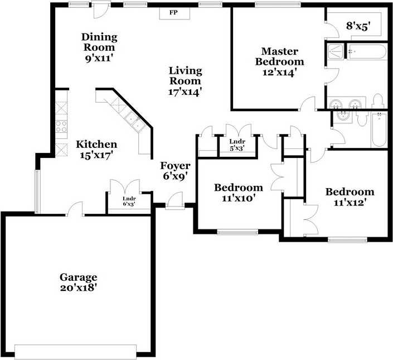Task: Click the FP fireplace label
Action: click(173, 12)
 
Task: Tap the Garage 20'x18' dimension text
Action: click(79, 288)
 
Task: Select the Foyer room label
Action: click(175, 166)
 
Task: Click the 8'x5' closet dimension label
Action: click(358, 26)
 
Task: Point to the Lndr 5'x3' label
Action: click(237, 145)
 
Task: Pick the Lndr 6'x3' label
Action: click(129, 201)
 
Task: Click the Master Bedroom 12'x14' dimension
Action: click(280, 72)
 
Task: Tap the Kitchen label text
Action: click(96, 145)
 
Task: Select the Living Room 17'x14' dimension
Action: click(185, 92)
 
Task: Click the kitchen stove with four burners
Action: click(61, 126)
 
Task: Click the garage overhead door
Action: click(75, 352)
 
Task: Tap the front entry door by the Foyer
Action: click(175, 200)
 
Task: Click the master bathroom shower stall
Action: click(335, 51)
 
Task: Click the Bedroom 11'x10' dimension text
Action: click(239, 199)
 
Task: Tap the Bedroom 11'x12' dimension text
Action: click(350, 203)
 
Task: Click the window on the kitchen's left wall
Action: click(37, 191)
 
